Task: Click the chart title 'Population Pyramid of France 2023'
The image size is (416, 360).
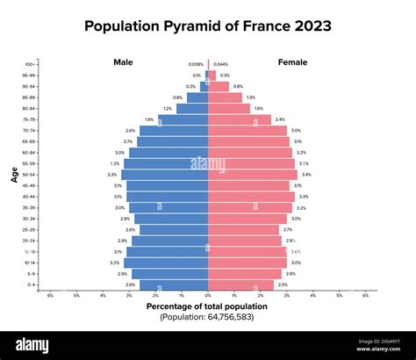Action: point(208,26)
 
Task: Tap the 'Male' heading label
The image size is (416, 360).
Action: point(123,62)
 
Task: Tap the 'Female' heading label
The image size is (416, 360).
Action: point(292,62)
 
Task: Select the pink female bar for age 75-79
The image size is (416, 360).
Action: point(240,119)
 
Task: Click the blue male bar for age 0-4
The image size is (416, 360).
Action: point(174,284)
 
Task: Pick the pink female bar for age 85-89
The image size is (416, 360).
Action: point(225,97)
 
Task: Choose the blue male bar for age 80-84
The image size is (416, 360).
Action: point(192,109)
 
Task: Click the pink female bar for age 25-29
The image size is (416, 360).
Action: point(243,230)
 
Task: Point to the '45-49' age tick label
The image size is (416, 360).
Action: point(30,185)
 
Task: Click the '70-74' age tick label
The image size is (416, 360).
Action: point(30,130)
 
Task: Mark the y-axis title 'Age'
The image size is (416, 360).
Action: point(14,175)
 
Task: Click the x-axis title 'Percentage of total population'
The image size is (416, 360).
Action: point(208,306)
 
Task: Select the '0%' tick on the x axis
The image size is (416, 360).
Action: point(208,296)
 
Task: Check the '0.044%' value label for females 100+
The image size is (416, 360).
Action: point(220,64)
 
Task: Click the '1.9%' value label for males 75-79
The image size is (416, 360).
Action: point(149,119)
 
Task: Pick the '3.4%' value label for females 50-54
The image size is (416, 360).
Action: point(306,175)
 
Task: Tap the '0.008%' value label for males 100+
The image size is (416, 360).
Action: point(195,64)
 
